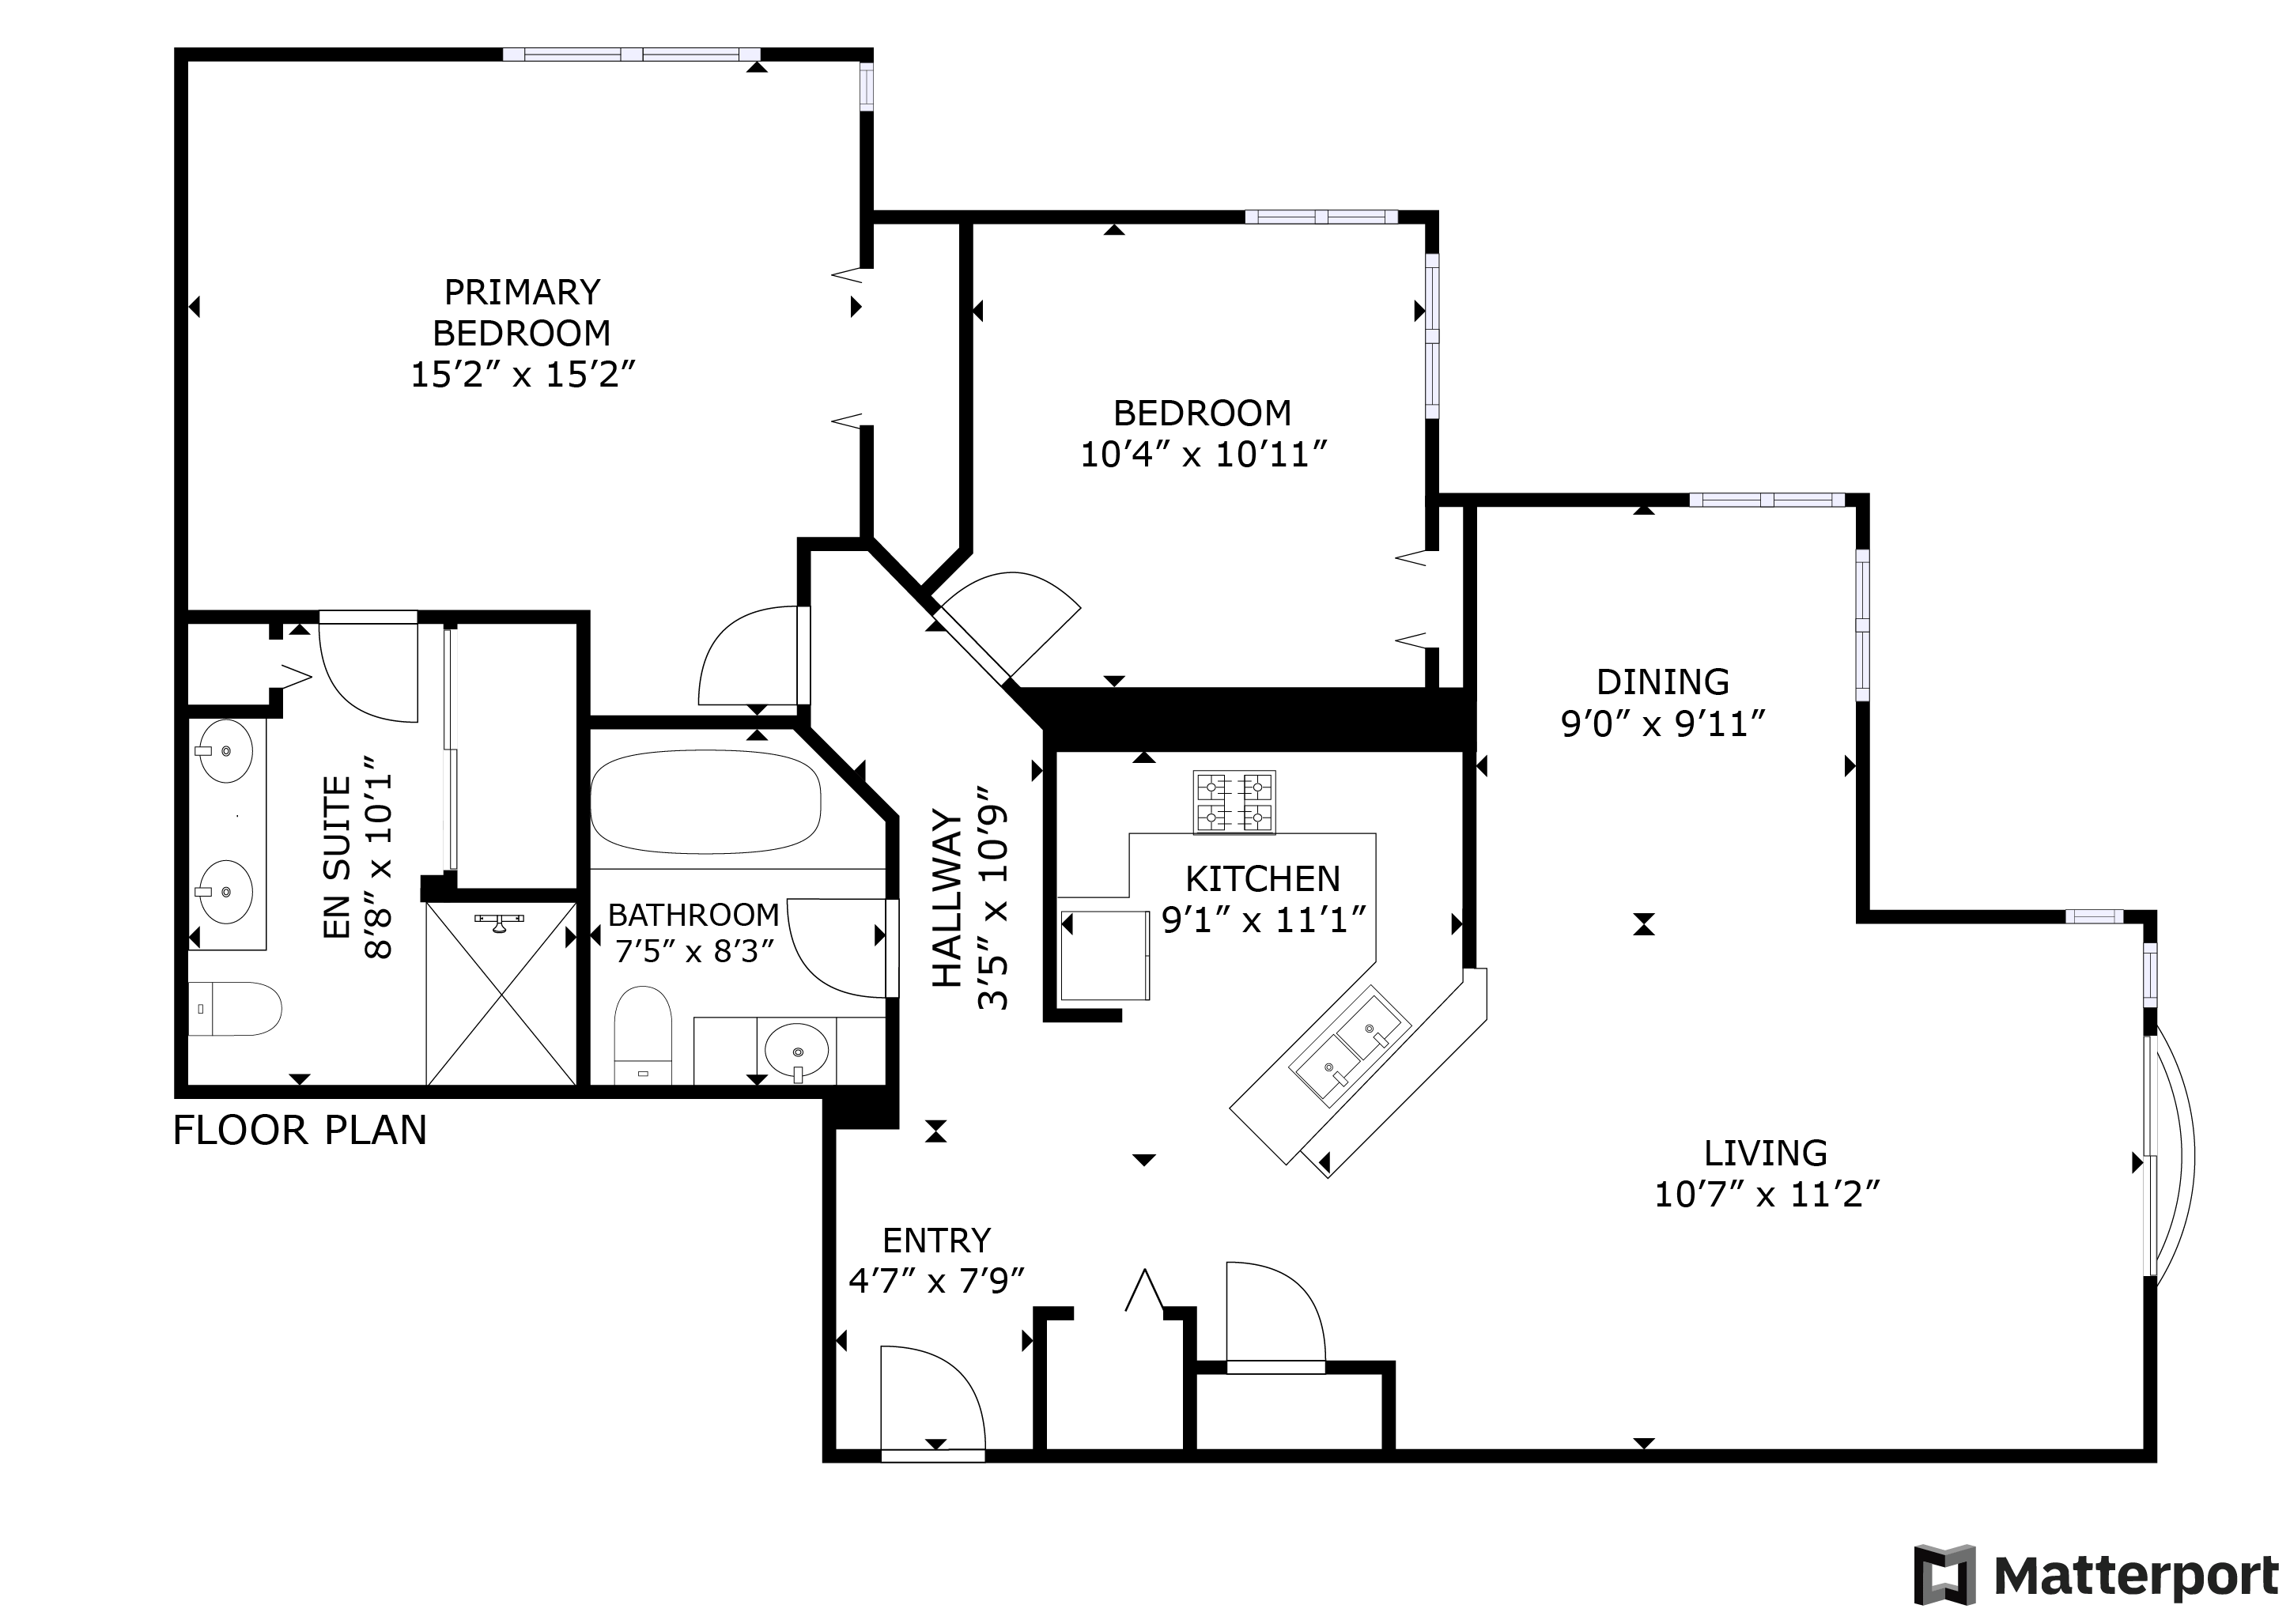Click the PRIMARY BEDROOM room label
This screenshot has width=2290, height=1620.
point(522,312)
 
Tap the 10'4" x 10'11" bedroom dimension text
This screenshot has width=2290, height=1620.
point(1204,455)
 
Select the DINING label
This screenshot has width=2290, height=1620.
point(1663,682)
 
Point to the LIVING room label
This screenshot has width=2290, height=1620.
point(1766,1154)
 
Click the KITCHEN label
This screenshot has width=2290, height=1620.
point(1263,879)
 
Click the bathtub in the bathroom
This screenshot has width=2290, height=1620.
point(705,801)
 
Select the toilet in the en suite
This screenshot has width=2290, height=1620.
point(234,1009)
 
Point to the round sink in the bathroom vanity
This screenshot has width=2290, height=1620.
point(796,1051)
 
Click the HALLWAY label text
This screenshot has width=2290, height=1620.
point(947,899)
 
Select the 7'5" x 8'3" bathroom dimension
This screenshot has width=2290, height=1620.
point(695,952)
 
